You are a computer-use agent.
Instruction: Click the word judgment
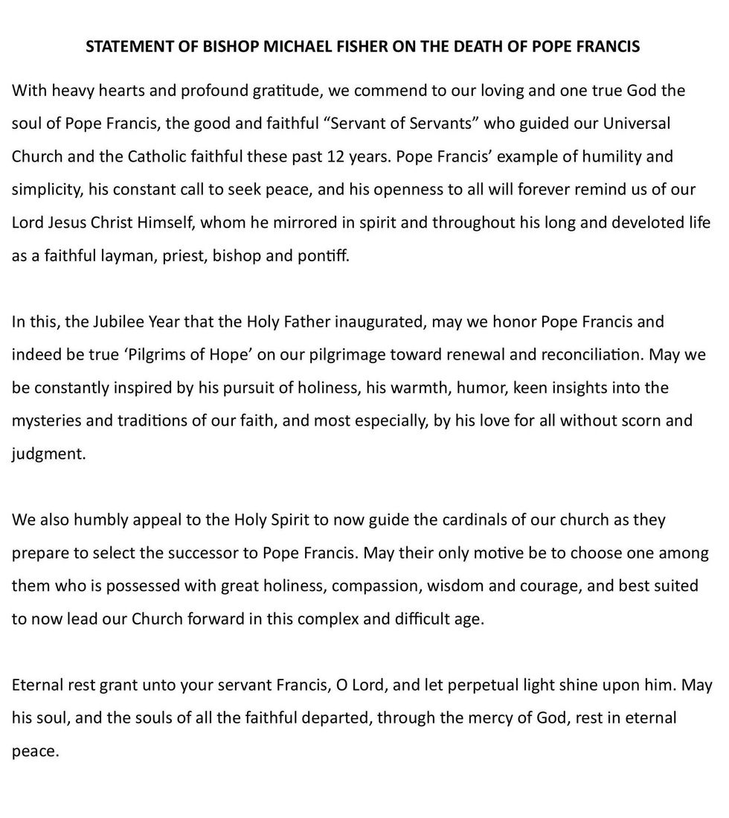coord(48,453)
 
